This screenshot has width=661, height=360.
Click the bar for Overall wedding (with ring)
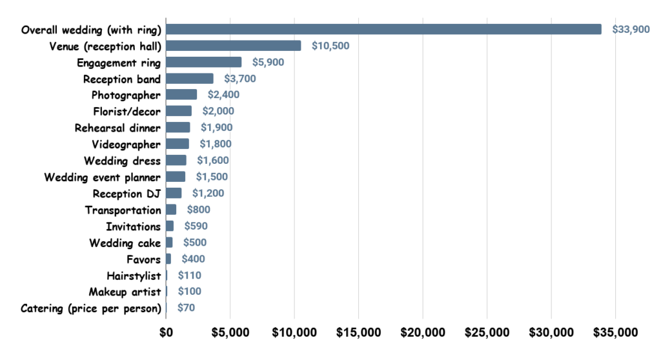click(x=383, y=29)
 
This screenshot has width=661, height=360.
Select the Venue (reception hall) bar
click(x=234, y=46)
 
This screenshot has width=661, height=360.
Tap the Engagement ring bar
click(x=204, y=62)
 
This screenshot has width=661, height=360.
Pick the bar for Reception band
click(x=190, y=79)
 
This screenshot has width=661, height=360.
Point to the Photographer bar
click(x=181, y=95)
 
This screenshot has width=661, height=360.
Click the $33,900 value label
click(x=631, y=30)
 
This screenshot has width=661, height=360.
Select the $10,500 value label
click(x=330, y=46)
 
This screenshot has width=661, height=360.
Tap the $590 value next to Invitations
click(x=196, y=226)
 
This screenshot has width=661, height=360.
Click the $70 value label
click(x=186, y=308)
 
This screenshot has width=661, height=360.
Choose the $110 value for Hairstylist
click(x=190, y=275)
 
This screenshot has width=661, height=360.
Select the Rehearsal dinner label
click(x=117, y=128)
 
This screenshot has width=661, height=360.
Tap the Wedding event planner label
click(x=103, y=177)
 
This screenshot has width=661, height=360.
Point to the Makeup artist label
click(x=125, y=292)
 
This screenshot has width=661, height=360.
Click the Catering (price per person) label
click(x=91, y=308)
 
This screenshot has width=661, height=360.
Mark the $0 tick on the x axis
click(x=166, y=333)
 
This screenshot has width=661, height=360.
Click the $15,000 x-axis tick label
click(x=359, y=333)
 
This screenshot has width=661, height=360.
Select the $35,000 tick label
click(x=616, y=333)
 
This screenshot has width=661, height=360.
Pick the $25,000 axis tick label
click(x=487, y=333)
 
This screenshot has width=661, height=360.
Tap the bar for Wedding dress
click(x=176, y=161)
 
